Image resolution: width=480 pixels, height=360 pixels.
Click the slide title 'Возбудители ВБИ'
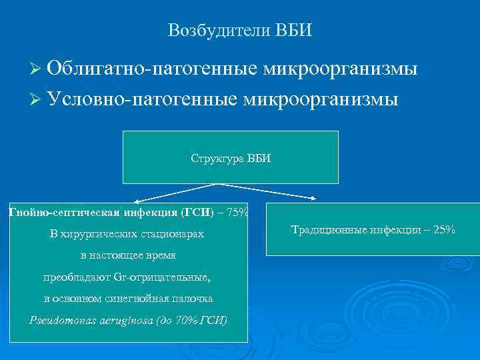tap(240, 31)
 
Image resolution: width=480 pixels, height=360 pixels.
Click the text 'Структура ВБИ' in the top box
tap(231, 158)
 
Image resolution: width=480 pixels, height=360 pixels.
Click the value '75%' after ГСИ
tap(237, 213)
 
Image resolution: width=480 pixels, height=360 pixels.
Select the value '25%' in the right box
tap(443, 230)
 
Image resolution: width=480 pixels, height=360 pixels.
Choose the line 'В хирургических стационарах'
tap(127, 235)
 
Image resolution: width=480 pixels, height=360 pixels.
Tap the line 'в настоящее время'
tap(127, 256)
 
